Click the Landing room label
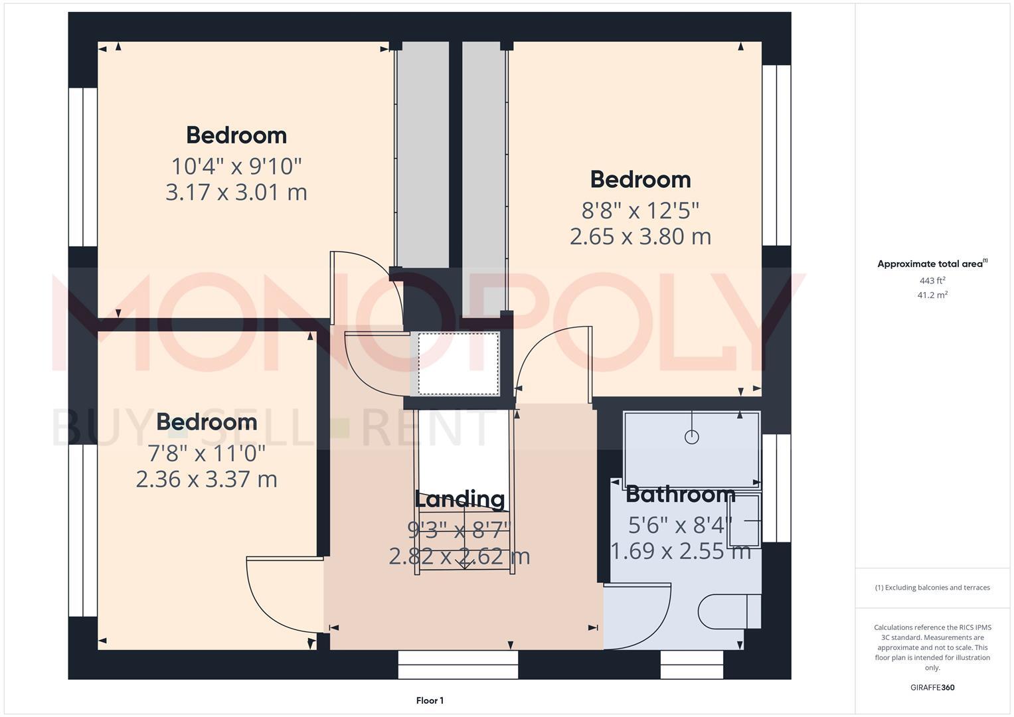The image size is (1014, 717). pos(460,499)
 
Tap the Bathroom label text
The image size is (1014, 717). pos(680,495)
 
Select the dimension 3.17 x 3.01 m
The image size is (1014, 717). pos(236,193)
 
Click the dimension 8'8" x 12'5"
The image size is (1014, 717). pos(640,210)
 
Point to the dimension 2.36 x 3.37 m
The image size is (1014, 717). pos(207,479)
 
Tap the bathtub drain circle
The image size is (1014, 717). pos(692,437)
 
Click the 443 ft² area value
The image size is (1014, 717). pos(932,281)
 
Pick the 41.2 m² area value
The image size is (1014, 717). pos(932,295)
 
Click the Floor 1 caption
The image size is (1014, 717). pos(430,700)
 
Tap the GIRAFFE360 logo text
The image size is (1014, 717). pos(932,688)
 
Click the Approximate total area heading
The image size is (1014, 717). pos(931,264)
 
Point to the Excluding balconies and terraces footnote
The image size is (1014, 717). pos(932,588)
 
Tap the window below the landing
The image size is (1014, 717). pos(458,665)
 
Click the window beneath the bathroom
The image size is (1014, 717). pos(691,665)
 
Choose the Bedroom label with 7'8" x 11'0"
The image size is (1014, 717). pos(207,422)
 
